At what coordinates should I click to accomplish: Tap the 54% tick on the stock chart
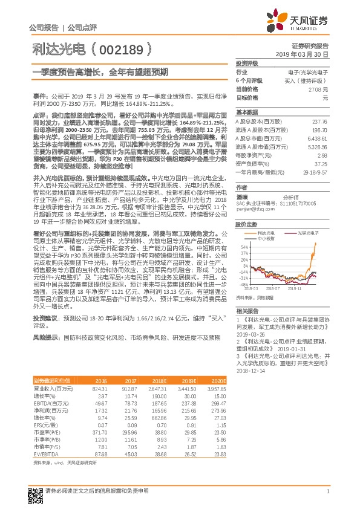tap(244, 247)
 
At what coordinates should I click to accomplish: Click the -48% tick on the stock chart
tap(243, 284)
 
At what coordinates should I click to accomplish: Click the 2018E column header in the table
tap(159, 397)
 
